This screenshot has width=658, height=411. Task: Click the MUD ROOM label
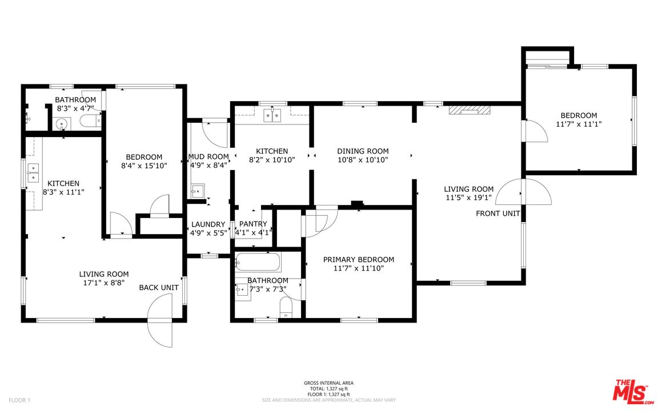pos(208,157)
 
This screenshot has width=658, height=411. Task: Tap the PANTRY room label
pos(253,224)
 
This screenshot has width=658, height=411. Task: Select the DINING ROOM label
pos(363,151)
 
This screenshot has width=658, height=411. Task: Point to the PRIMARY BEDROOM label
pos(359,260)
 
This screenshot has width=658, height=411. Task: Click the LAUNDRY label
pos(208,224)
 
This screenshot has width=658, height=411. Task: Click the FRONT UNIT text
pos(498,213)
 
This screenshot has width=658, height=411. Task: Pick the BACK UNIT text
pos(159,288)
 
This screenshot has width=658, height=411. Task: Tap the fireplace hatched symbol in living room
pos(470,110)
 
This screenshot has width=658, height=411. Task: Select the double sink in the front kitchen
pos(272,115)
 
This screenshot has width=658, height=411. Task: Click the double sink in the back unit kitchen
pos(33,174)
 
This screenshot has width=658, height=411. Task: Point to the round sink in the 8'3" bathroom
pos(62,124)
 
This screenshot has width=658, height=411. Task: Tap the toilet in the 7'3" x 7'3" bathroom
pos(286,308)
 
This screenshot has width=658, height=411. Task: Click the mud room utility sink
pos(197,191)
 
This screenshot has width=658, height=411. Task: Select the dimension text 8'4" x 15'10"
pos(145,166)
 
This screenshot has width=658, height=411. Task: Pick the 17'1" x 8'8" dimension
pos(104,283)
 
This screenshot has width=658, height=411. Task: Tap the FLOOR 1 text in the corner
pos(19,400)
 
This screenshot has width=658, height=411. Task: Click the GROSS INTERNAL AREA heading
pos(328,383)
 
